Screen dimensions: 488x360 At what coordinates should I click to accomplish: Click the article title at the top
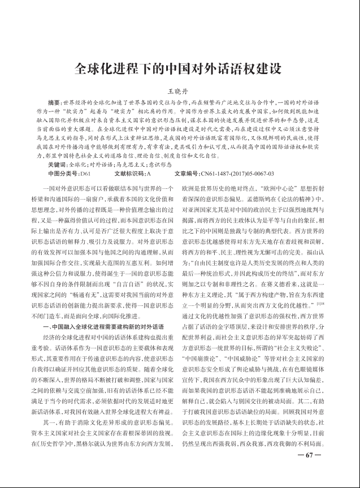pyautogui.click(x=179, y=70)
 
